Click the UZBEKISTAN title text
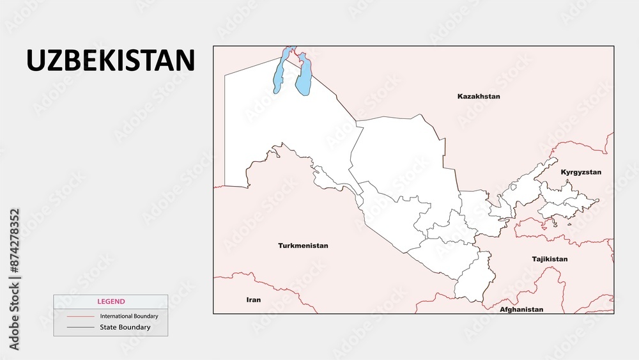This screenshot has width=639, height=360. click(x=110, y=60)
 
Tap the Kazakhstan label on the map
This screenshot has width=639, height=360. click(x=479, y=97)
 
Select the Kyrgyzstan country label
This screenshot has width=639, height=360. click(x=581, y=173)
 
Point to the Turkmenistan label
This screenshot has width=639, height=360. click(x=303, y=246)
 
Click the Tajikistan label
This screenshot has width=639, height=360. click(x=550, y=259)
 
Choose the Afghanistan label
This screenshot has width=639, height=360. click(x=522, y=309)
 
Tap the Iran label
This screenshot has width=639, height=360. click(x=254, y=299)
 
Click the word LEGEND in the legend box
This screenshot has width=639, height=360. click(x=111, y=301)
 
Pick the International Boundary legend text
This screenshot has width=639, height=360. click(x=129, y=316)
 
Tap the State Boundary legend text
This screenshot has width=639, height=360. click(x=125, y=327)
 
